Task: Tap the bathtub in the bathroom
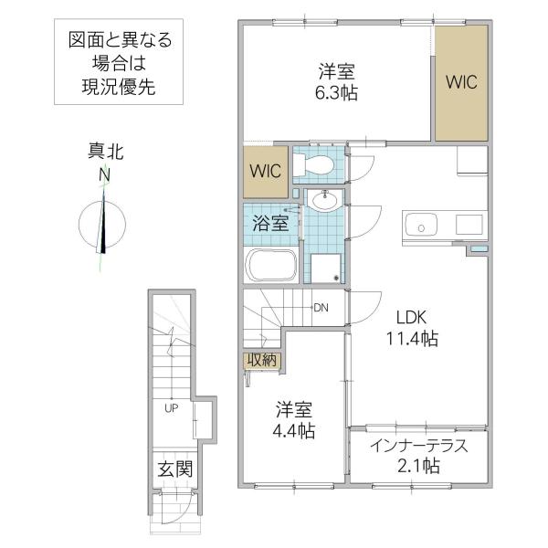[271, 265]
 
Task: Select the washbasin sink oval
[325, 200]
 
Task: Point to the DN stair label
[321, 308]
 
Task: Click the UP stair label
[172, 407]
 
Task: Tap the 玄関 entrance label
[175, 469]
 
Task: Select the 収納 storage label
[262, 360]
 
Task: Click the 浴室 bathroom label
[270, 223]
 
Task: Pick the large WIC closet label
[461, 82]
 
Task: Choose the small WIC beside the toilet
[265, 171]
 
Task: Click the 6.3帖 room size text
[336, 93]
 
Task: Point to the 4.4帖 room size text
[293, 431]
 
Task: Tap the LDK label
[411, 317]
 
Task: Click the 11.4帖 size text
[412, 338]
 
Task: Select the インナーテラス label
[418, 446]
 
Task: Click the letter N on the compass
[104, 174]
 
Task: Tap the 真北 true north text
[106, 152]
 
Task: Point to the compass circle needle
[102, 224]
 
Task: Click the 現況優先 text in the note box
[119, 87]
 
